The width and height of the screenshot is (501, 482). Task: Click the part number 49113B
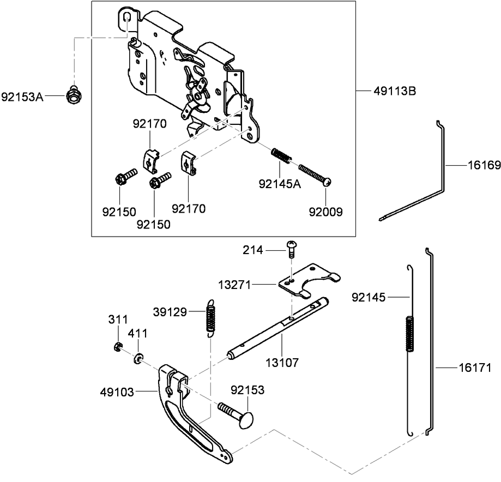click(395, 92)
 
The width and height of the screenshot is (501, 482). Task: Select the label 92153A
click(22, 97)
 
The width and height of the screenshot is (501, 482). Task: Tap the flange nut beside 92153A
click(74, 95)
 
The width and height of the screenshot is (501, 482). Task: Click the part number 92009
click(325, 212)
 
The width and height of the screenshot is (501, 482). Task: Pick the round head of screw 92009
click(328, 182)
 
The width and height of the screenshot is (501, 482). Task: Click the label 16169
click(484, 165)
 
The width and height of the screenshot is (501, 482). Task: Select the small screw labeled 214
click(291, 249)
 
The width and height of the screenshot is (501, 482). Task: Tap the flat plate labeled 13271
click(309, 281)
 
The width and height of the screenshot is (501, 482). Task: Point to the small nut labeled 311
click(118, 347)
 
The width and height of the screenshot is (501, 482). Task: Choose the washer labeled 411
click(138, 359)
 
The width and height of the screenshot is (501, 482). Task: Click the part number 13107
click(282, 363)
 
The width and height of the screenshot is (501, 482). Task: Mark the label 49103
click(117, 392)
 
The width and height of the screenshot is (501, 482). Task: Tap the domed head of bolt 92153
click(245, 419)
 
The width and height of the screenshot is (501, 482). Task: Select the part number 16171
click(475, 368)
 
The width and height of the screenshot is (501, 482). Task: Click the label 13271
click(234, 285)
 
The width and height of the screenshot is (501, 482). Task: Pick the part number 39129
click(170, 312)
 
